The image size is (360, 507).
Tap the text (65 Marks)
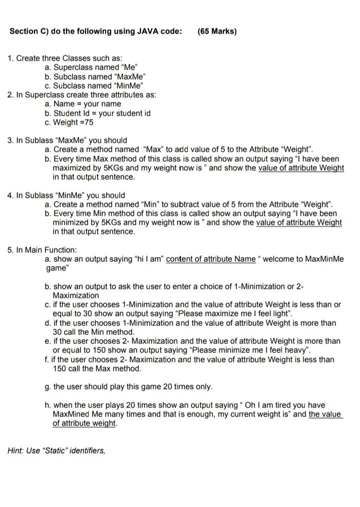pos(217,32)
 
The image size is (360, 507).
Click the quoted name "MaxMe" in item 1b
pos(132,77)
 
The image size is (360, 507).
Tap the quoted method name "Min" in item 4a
pos(152,204)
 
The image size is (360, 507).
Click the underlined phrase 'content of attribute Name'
pos(211,259)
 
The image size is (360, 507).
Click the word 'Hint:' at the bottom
pos(17,450)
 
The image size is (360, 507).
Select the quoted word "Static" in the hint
pos(52,450)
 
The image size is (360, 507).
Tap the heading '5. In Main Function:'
pos(43,250)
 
